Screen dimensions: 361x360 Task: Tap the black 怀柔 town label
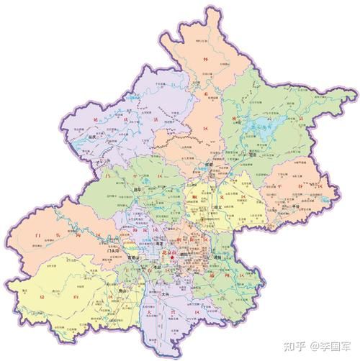tap(209, 164)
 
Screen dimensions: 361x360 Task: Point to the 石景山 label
tap(134, 256)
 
